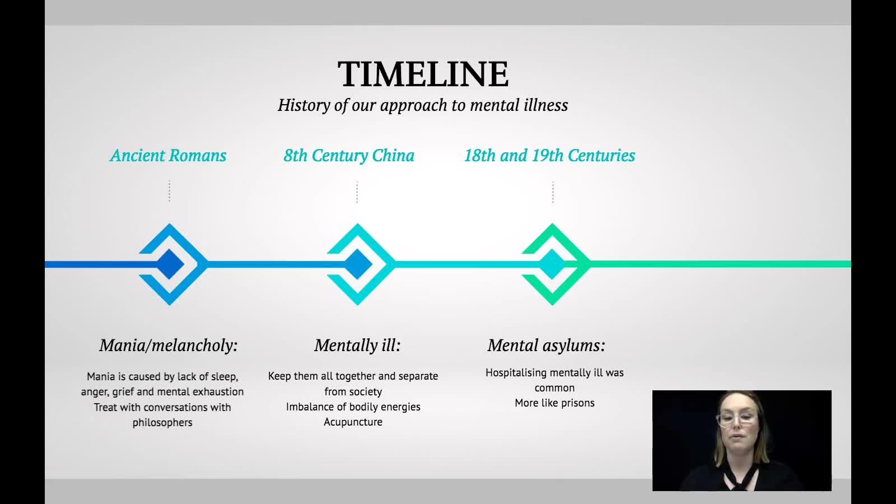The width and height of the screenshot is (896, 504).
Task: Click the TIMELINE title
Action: (423, 74)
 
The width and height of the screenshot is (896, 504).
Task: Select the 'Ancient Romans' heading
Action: (168, 156)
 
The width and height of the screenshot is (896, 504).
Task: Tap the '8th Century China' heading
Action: (349, 156)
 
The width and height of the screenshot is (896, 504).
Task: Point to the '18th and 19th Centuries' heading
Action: (549, 156)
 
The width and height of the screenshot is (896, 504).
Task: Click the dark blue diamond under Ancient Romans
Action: (170, 264)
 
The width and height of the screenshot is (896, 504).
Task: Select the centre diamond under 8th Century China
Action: (358, 264)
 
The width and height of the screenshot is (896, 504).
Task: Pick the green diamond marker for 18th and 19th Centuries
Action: (553, 264)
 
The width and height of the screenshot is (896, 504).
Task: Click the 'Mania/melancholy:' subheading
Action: (169, 346)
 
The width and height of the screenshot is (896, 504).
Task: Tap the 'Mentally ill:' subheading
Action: (357, 346)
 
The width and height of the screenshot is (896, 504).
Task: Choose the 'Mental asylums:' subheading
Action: (547, 346)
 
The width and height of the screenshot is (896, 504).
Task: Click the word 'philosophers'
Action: (162, 423)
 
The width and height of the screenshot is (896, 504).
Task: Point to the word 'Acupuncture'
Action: (353, 422)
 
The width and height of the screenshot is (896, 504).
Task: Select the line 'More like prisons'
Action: (554, 403)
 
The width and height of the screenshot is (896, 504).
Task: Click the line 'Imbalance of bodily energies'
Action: (353, 407)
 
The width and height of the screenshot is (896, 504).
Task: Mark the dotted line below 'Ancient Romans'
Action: (170, 191)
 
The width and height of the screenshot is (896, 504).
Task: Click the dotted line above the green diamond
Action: (553, 192)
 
